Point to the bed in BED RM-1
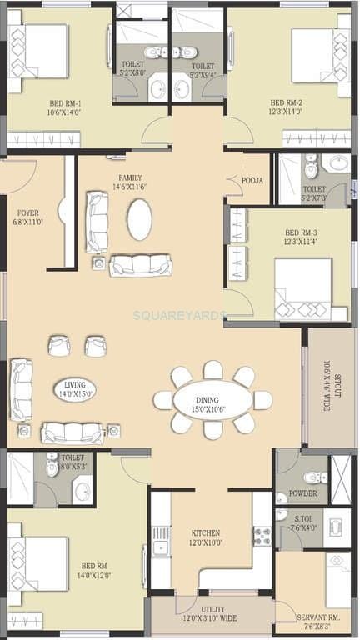pyautogui.click(x=37, y=51)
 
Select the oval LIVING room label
pyautogui.click(x=75, y=388)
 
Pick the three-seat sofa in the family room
pyautogui.click(x=141, y=265)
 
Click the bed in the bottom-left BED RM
pyautogui.click(x=37, y=563)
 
